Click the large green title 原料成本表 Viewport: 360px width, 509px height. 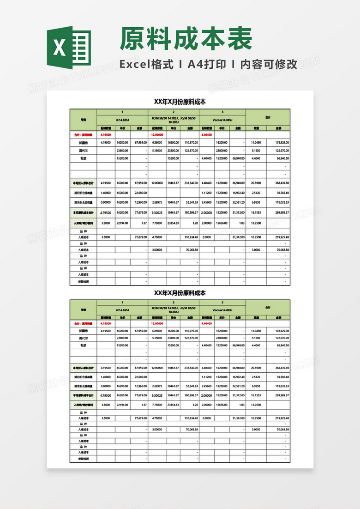[x=186, y=38]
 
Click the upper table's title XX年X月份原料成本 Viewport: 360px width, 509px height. [x=180, y=102]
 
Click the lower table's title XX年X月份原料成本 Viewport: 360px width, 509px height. [x=180, y=293]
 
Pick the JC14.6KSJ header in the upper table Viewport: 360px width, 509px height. [x=122, y=119]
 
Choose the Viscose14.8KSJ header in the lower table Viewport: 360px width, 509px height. [x=222, y=310]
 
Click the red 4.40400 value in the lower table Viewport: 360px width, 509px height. [x=206, y=323]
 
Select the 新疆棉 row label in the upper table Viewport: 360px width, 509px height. [x=84, y=143]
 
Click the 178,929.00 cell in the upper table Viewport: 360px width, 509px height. [x=280, y=143]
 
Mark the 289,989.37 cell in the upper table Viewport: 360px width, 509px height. [x=280, y=212]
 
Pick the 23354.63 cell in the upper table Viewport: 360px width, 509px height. [x=173, y=223]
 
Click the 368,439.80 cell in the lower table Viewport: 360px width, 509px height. [x=280, y=367]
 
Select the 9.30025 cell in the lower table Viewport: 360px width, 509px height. [x=157, y=396]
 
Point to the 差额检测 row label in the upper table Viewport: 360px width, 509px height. [x=84, y=281]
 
